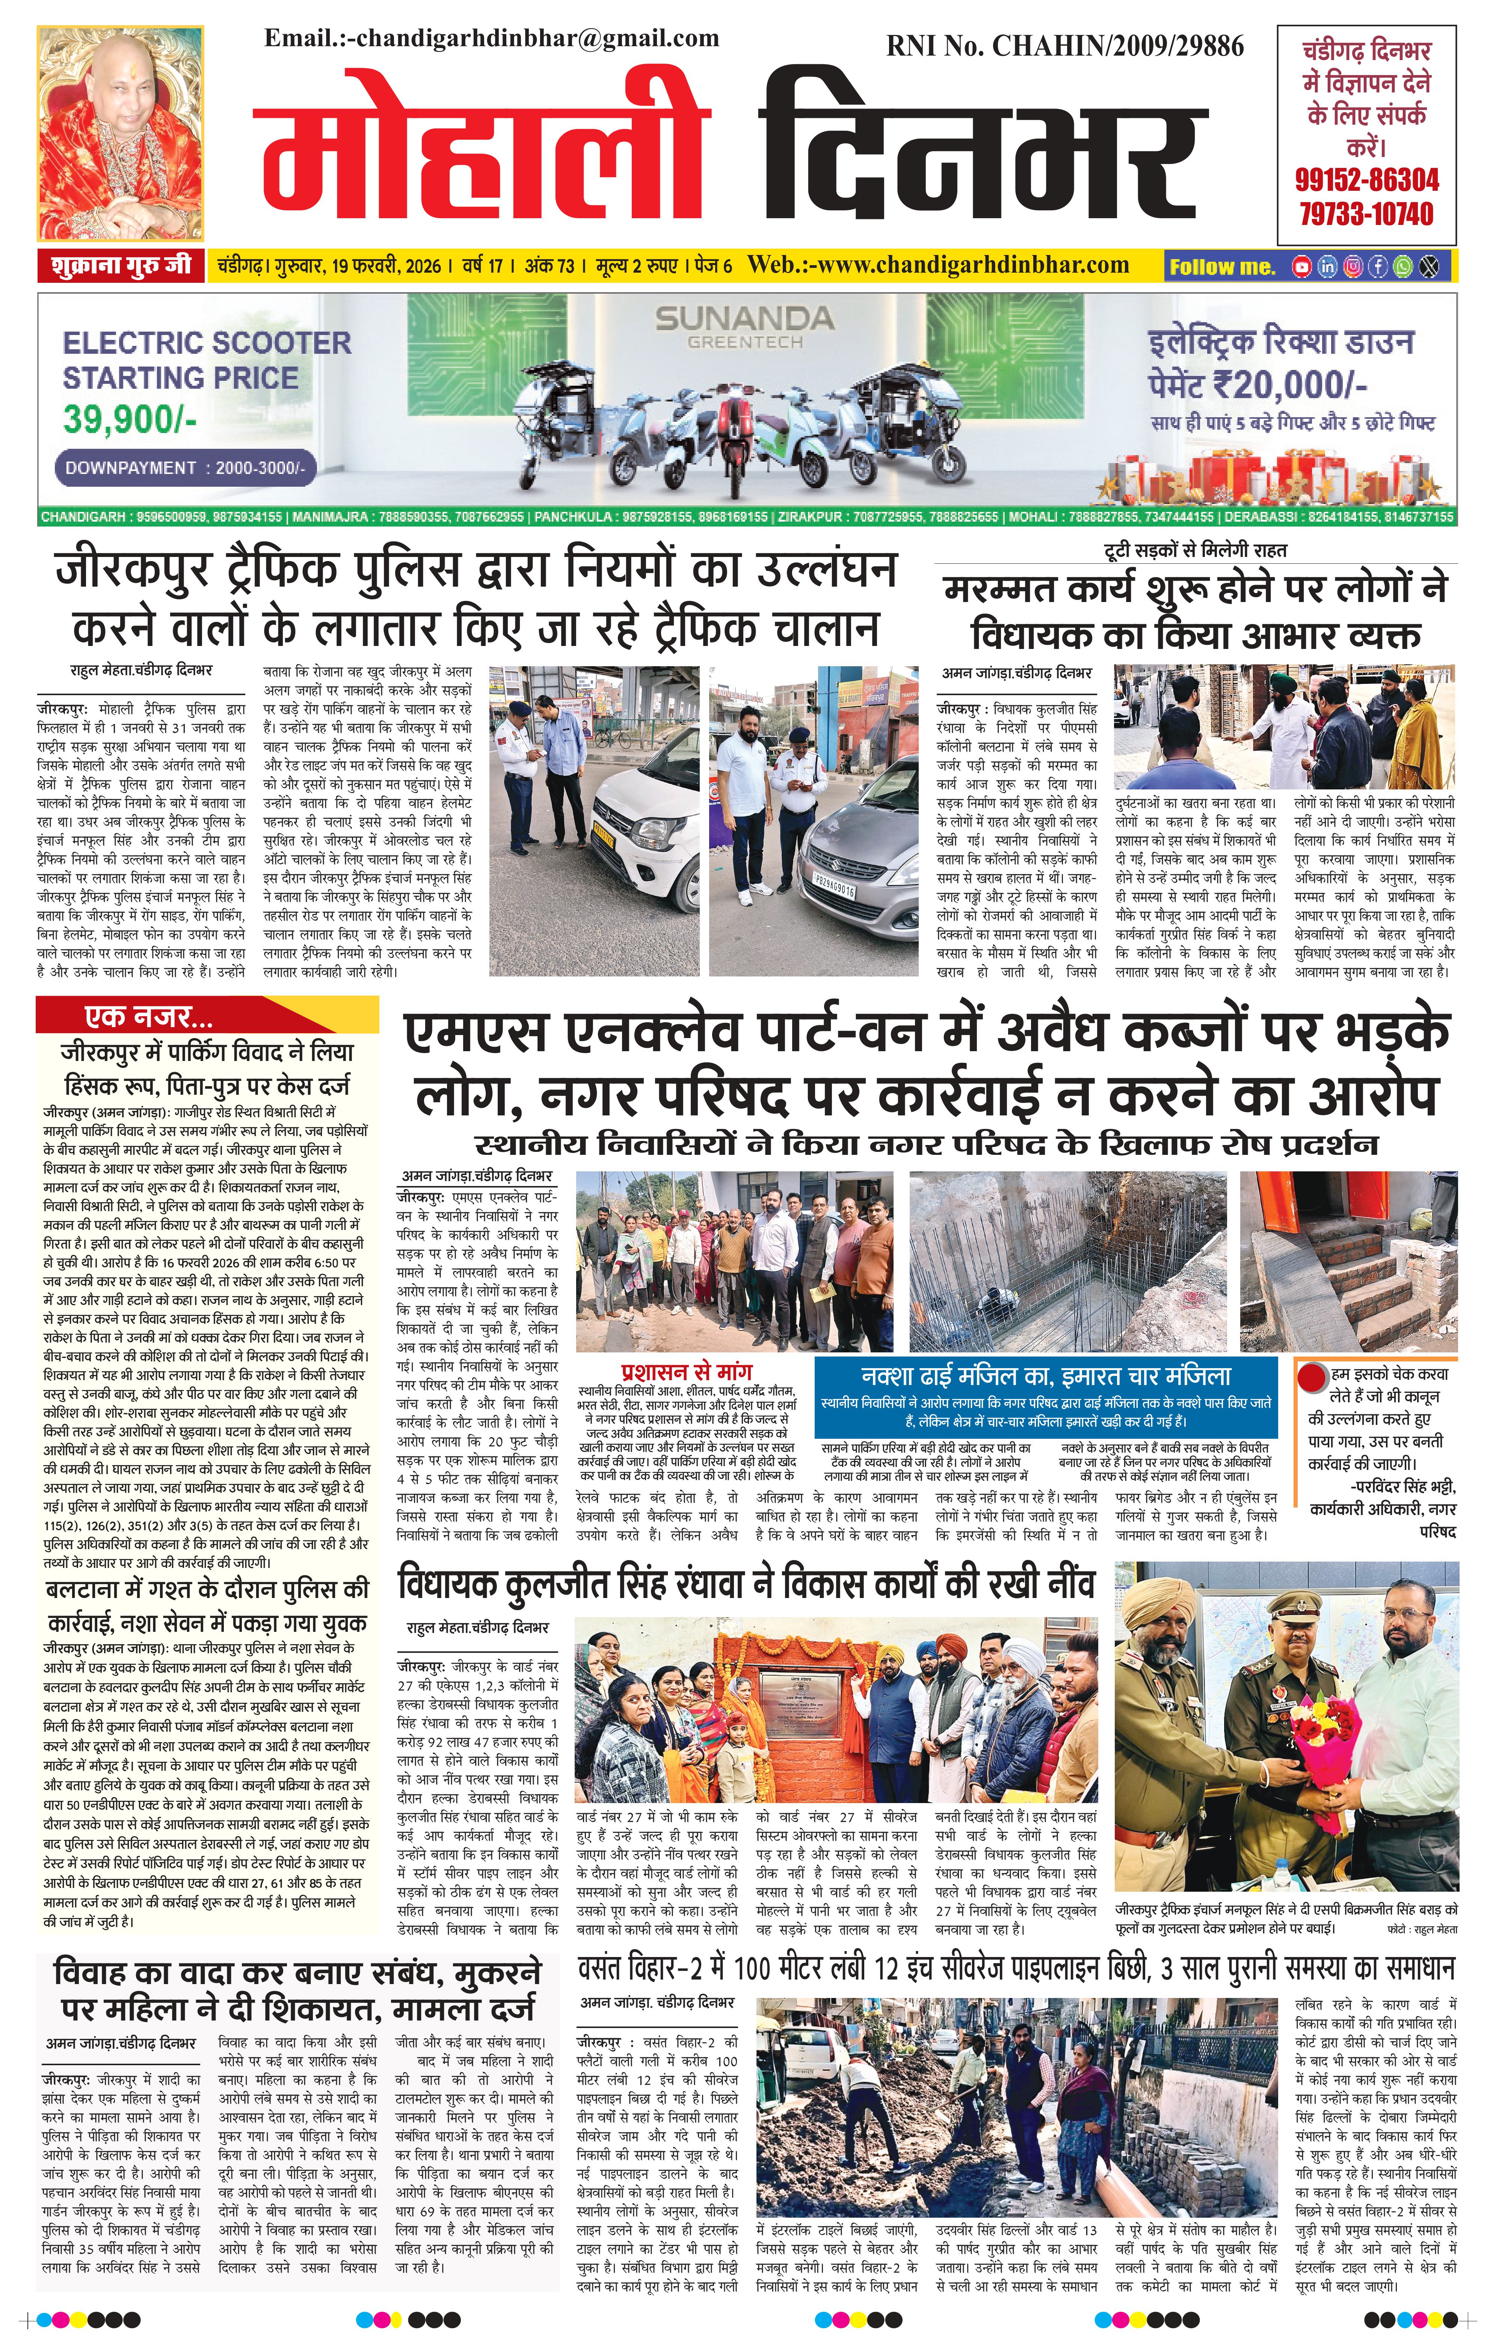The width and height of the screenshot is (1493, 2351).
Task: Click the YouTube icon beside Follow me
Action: (1301, 266)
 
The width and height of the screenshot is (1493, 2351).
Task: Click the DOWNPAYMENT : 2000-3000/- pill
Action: (184, 468)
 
